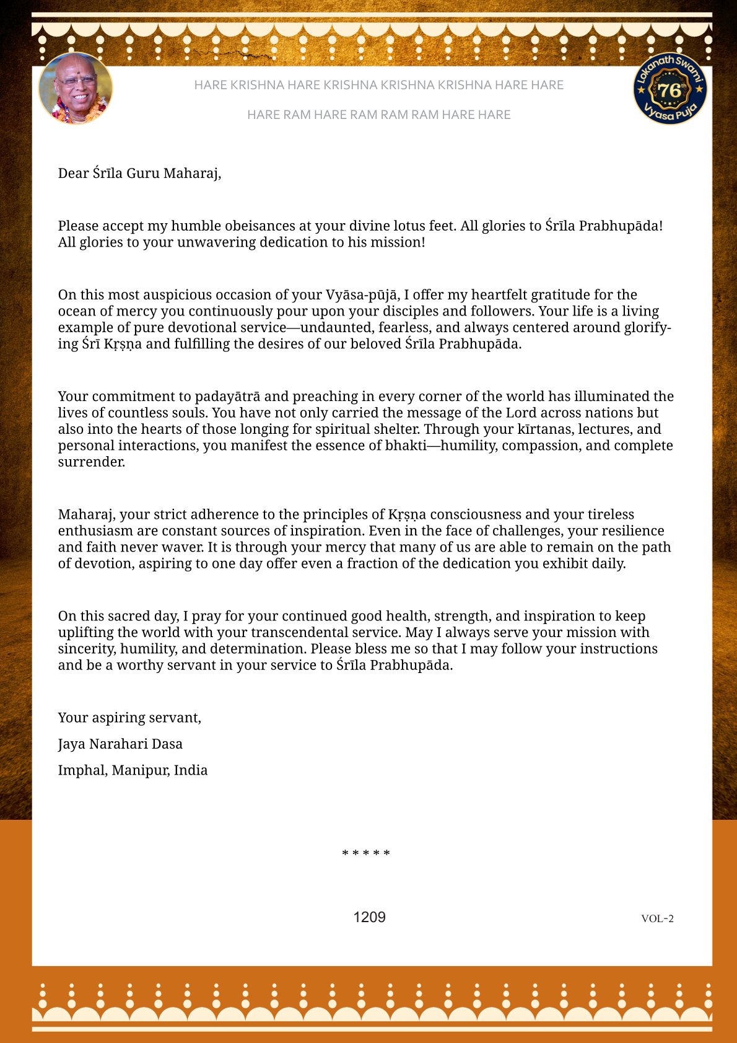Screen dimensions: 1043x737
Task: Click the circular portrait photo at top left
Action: click(76, 89)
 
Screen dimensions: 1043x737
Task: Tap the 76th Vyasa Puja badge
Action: click(670, 89)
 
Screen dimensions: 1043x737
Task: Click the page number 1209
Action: click(369, 917)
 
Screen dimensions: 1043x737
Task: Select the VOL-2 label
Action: click(657, 918)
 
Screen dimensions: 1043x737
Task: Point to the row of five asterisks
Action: click(366, 854)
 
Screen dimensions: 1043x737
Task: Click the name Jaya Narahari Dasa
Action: click(120, 744)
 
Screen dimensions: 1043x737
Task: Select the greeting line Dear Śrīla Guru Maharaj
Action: click(139, 173)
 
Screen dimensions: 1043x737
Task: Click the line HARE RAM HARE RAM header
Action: click(378, 115)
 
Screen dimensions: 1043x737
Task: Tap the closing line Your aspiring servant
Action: click(129, 718)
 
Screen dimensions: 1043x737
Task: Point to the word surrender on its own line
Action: click(91, 462)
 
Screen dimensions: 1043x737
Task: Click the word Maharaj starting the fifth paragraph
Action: click(86, 514)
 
